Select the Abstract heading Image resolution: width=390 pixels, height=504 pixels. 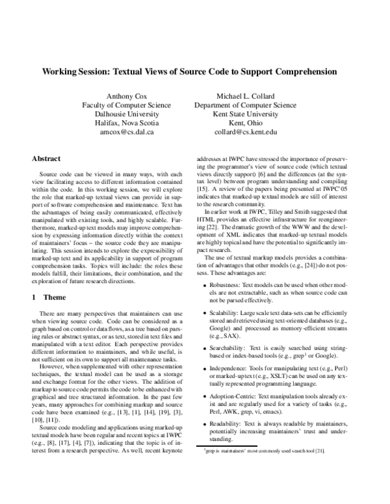(47, 158)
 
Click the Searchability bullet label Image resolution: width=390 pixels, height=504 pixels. (227, 349)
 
